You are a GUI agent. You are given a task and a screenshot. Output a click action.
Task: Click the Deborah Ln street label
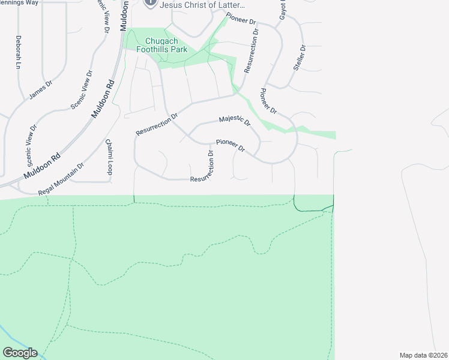(19, 53)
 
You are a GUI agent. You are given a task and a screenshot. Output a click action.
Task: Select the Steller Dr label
(300, 58)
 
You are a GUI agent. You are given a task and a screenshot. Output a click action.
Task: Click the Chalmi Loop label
(109, 157)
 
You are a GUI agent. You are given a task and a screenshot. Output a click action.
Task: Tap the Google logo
(20, 353)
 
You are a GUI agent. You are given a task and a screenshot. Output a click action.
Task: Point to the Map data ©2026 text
(423, 355)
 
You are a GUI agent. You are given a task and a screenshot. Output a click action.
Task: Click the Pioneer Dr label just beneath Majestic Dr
(231, 146)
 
